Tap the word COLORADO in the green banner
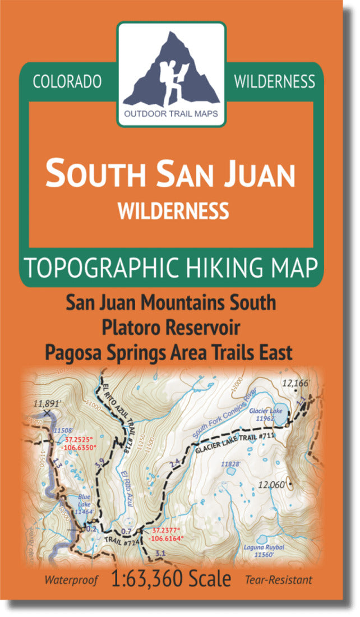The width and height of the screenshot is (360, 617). pyautogui.click(x=67, y=82)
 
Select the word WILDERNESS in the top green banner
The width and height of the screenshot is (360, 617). pyautogui.click(x=275, y=82)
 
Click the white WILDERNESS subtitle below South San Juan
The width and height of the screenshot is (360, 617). pyautogui.click(x=173, y=211)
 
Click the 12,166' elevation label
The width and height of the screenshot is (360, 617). pyautogui.click(x=296, y=384)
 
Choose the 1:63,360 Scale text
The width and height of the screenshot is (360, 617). pyautogui.click(x=172, y=578)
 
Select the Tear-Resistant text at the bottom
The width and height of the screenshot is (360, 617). pyautogui.click(x=278, y=579)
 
